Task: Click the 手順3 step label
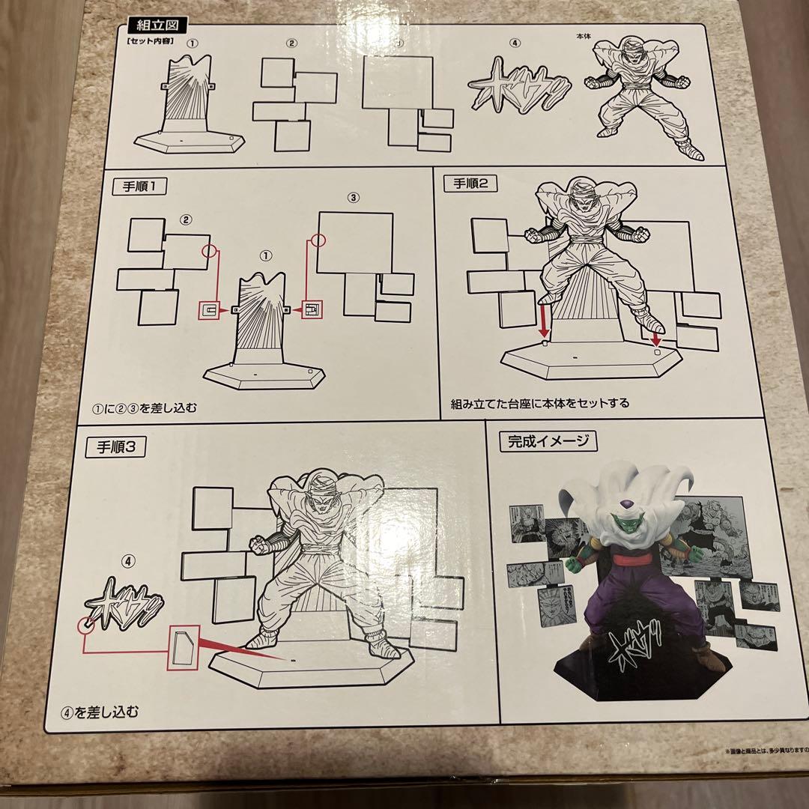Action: click(x=116, y=447)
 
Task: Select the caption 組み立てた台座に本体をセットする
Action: click(x=539, y=402)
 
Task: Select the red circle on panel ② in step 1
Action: click(x=209, y=253)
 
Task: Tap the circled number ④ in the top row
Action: click(x=515, y=42)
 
